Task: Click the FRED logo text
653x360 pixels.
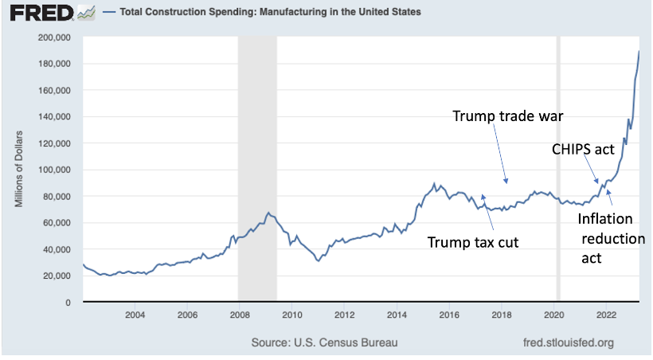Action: (38, 13)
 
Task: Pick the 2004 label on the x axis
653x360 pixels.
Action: (135, 315)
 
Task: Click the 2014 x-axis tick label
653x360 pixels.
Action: (396, 315)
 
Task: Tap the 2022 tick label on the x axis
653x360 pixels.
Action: (605, 315)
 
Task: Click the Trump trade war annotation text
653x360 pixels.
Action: (508, 116)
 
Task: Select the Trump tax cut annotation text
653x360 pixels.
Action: (473, 242)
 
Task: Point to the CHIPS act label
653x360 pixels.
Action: (584, 148)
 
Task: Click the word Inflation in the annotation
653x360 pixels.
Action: (604, 218)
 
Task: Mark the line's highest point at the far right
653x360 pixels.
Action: (639, 51)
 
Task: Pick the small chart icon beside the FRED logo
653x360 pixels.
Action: (86, 13)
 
